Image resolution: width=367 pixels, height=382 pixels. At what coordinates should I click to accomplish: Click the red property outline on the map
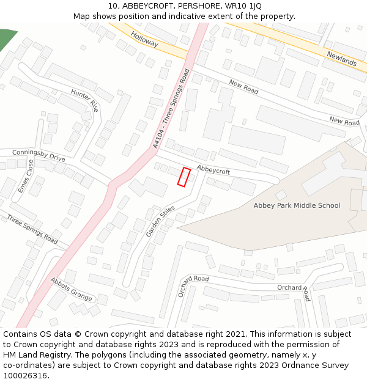pyautogui.click(x=183, y=177)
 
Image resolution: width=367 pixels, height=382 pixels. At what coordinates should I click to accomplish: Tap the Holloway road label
pyautogui.click(x=144, y=40)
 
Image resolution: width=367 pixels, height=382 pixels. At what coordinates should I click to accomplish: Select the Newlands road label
pyautogui.click(x=341, y=59)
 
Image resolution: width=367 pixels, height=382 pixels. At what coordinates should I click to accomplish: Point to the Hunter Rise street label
pyautogui.click(x=84, y=100)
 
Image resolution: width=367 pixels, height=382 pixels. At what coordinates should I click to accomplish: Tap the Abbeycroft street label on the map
pyautogui.click(x=213, y=169)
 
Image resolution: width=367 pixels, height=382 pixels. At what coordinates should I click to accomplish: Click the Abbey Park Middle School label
pyautogui.click(x=297, y=205)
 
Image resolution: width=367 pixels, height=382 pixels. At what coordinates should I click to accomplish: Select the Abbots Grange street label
pyautogui.click(x=72, y=290)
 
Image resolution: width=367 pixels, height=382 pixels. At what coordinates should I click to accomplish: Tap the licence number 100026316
pyautogui.click(x=26, y=376)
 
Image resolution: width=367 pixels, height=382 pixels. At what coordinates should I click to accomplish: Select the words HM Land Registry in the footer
pyautogui.click(x=31, y=355)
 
